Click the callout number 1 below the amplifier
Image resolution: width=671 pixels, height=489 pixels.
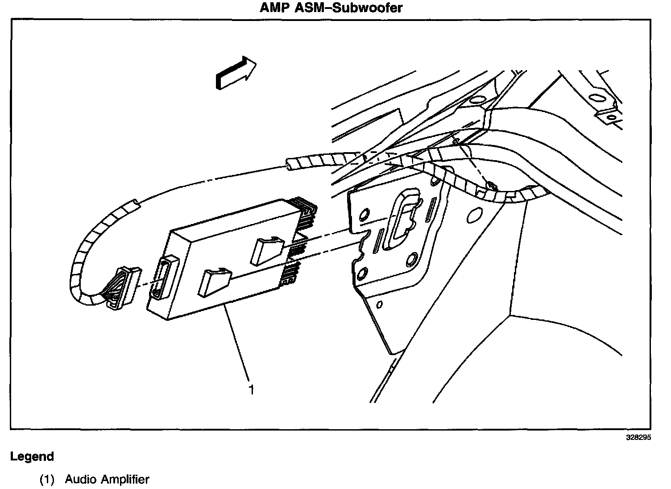[251, 390]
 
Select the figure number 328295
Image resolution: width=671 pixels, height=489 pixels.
[638, 438]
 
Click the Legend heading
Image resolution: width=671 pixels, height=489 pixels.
[32, 456]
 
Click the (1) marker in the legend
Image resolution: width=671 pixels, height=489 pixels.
[47, 480]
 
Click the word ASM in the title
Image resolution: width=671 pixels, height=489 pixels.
[309, 8]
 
